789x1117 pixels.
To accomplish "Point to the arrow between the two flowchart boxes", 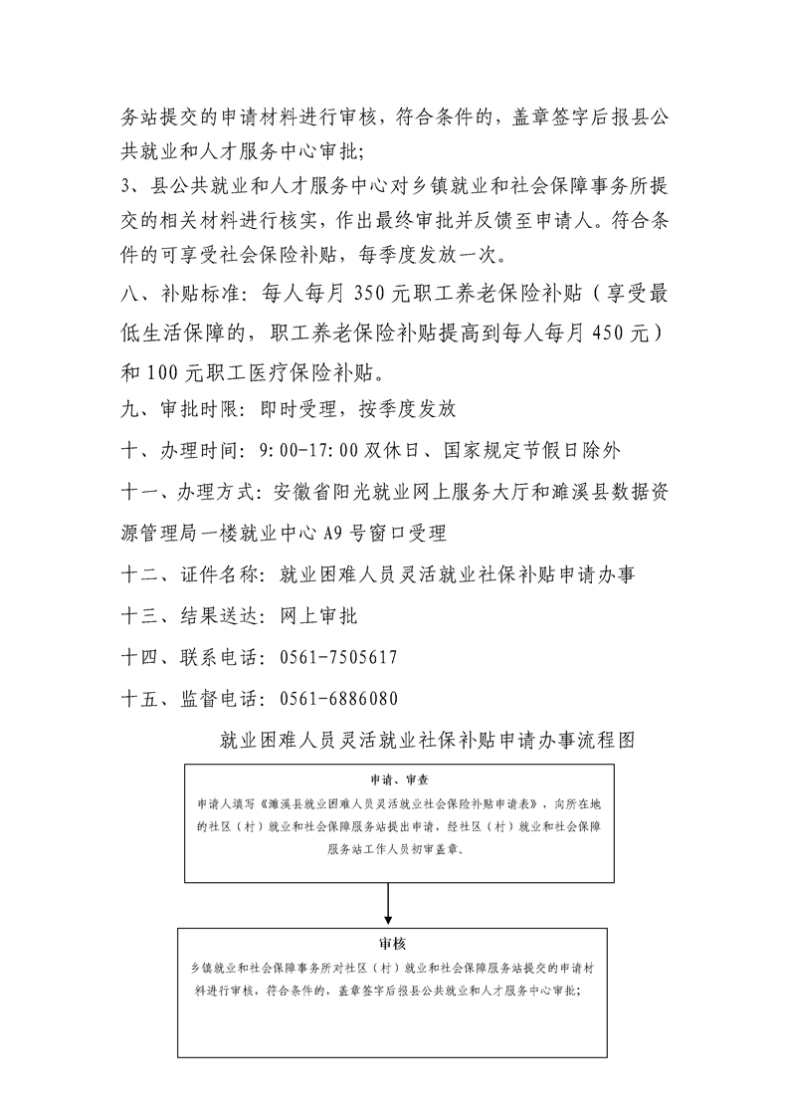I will tap(389, 903).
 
